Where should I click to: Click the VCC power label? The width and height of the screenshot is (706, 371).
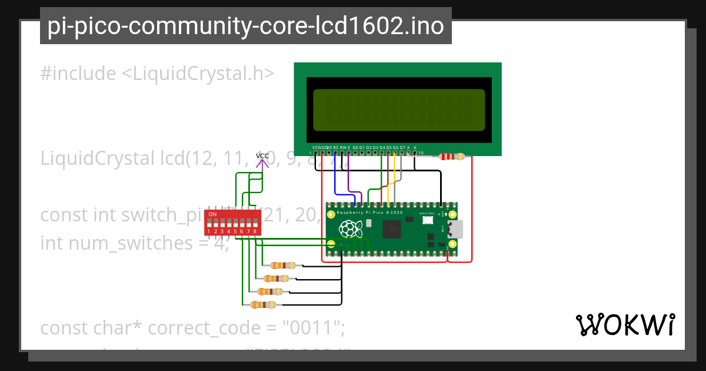(262, 156)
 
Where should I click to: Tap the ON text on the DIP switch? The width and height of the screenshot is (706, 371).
(212, 214)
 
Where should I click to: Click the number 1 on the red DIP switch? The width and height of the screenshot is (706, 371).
(208, 232)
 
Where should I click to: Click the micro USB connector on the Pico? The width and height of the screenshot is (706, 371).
(456, 228)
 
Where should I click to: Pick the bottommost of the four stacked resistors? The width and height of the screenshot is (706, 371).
(263, 304)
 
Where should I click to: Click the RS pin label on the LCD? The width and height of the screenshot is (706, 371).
(335, 147)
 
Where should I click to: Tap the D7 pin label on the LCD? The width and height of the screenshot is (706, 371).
(402, 147)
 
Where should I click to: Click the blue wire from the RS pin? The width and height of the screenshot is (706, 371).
(335, 177)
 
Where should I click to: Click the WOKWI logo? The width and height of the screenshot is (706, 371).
(625, 324)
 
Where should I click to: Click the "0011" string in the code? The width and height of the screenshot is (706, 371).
(312, 327)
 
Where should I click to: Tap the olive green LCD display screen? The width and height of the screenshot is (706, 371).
(399, 110)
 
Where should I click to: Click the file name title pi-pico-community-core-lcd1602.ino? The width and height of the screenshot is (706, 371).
(245, 26)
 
